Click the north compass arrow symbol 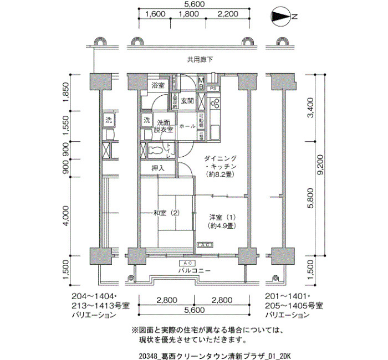tap(282, 17)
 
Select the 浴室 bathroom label tap(158, 85)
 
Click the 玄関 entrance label tap(187, 101)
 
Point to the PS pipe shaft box tap(213, 88)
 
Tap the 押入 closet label tap(158, 168)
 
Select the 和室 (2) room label tap(167, 213)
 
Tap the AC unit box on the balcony tap(187, 263)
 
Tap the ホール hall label tap(187, 126)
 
